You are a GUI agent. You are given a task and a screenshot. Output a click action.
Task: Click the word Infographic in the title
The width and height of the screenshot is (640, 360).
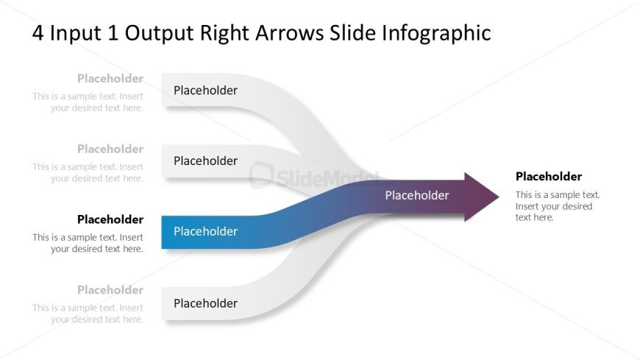[x=436, y=33]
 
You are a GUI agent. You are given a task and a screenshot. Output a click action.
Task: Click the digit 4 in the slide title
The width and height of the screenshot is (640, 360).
[x=38, y=33]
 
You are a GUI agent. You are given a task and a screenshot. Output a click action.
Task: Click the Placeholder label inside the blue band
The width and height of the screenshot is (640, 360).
[x=205, y=231]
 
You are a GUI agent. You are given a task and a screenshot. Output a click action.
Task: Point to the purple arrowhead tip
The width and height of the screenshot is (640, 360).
[x=499, y=197]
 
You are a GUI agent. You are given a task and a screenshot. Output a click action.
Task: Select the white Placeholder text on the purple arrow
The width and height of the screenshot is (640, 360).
[x=416, y=195]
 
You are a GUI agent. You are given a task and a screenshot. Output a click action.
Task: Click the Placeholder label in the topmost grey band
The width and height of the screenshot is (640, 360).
[x=205, y=91]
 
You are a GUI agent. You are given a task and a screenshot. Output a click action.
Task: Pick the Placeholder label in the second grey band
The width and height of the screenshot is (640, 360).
[x=205, y=161]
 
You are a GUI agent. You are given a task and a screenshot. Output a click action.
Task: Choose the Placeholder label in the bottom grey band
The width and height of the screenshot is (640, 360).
[x=205, y=303]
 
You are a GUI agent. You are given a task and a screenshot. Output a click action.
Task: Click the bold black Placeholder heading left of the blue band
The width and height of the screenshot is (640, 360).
[x=110, y=219]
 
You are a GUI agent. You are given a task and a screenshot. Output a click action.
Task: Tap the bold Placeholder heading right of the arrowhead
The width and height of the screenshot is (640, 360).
[x=549, y=177]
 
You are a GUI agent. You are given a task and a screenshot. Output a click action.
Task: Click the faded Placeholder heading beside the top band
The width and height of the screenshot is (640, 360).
[x=110, y=79]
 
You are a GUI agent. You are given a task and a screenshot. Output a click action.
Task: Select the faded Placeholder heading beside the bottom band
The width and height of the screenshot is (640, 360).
[x=110, y=290]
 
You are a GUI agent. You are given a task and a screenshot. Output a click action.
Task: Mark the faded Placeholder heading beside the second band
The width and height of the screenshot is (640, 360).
[x=110, y=149]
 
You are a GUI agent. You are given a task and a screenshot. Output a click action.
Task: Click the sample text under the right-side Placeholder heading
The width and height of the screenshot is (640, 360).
[x=558, y=206]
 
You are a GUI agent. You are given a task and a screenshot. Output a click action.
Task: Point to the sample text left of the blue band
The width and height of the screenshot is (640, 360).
[x=88, y=243]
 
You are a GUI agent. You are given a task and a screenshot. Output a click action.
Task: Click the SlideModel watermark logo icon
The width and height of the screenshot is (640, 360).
[x=261, y=175]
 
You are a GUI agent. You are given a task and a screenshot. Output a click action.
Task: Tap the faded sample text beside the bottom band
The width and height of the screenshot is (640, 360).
[x=88, y=314]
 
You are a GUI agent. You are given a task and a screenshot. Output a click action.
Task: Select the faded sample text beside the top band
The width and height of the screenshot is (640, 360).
[x=88, y=102]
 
